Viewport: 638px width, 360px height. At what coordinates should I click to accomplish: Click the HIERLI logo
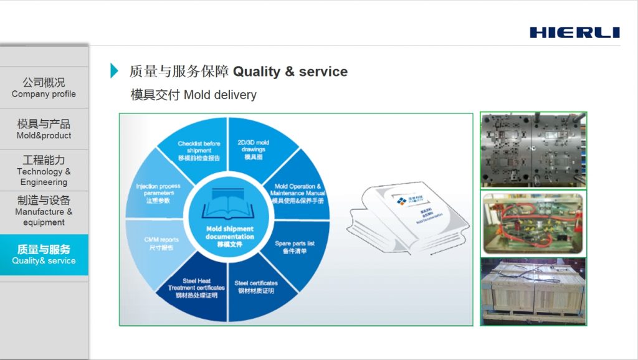click(x=574, y=32)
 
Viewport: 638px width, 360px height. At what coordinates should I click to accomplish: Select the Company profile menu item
click(x=44, y=88)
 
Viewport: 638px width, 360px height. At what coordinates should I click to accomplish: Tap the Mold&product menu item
click(x=44, y=129)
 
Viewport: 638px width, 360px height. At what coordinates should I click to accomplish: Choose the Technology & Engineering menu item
click(x=44, y=171)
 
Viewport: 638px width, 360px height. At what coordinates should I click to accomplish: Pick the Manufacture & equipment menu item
click(x=44, y=211)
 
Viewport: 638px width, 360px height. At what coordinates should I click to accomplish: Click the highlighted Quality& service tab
click(x=44, y=255)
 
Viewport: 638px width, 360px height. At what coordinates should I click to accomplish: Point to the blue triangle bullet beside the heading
click(x=114, y=71)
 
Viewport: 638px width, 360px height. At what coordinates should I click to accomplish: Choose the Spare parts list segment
click(x=294, y=247)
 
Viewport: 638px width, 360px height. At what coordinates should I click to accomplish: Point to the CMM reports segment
click(x=160, y=244)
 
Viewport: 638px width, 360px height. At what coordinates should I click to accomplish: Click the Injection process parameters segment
click(x=159, y=193)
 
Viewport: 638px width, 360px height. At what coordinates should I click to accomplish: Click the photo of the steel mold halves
click(x=533, y=150)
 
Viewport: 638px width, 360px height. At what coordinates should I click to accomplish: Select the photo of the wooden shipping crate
click(x=533, y=292)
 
